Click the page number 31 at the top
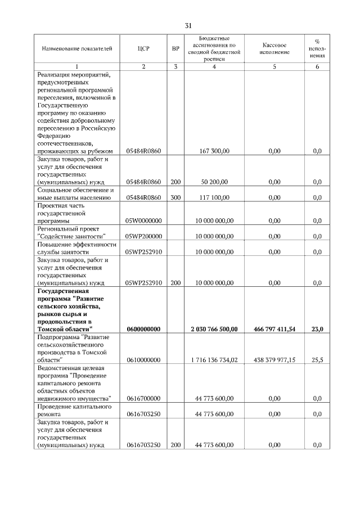click(188, 25)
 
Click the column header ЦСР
click(143, 49)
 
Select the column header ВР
click(175, 49)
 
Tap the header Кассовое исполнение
click(274, 48)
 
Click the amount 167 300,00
click(214, 151)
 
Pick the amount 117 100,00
click(214, 197)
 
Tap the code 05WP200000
click(143, 237)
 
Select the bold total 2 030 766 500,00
click(214, 328)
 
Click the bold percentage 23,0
click(317, 328)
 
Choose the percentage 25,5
click(317, 359)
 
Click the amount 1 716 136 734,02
click(214, 359)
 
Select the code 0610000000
click(143, 359)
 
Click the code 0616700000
click(143, 398)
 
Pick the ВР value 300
click(175, 197)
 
